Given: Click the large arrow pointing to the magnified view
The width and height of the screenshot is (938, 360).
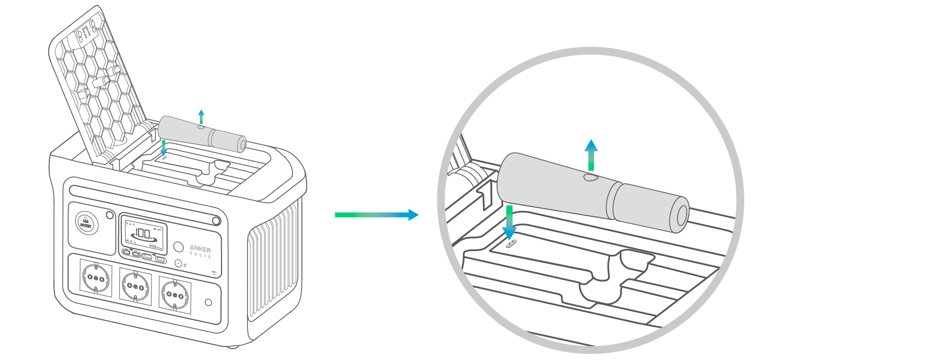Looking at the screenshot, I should (x=377, y=215).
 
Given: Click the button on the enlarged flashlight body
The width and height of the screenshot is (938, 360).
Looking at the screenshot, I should (x=591, y=178).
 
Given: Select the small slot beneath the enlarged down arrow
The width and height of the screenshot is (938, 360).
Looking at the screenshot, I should (x=511, y=244).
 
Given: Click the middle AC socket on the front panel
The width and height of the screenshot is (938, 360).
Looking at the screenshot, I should (x=135, y=286).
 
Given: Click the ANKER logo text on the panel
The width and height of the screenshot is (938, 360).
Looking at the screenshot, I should (x=200, y=249).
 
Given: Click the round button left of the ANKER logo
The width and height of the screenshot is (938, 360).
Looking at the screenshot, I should (x=178, y=246).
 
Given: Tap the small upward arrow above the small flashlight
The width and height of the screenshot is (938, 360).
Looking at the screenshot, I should (x=201, y=116).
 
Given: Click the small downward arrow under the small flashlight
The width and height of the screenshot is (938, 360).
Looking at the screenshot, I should (x=164, y=147).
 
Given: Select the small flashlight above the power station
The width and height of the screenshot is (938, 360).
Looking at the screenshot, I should (x=202, y=134).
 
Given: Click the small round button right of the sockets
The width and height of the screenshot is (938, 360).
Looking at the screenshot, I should (x=209, y=302).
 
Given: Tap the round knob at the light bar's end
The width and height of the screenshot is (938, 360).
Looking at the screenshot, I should (x=216, y=221).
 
